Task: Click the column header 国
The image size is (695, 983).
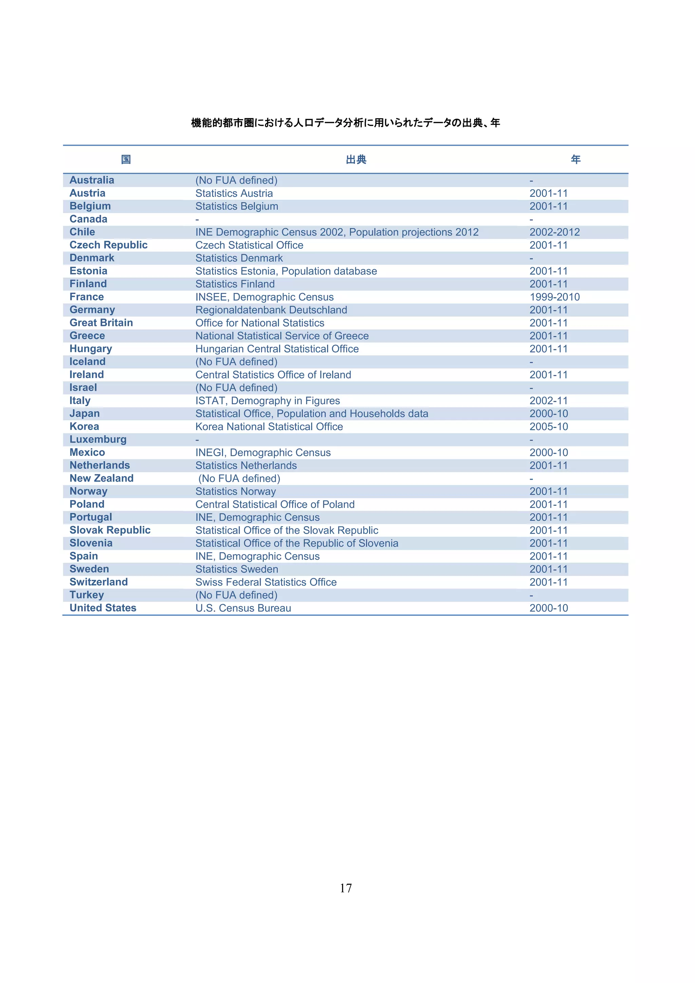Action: (126, 160)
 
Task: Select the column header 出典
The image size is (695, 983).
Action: (356, 160)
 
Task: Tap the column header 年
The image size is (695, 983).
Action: (576, 160)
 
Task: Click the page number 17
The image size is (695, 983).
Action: (346, 888)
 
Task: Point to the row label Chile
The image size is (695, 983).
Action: (82, 232)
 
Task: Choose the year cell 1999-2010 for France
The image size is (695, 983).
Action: (554, 297)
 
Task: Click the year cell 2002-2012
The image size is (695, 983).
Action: (554, 232)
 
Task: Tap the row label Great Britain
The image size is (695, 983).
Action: (101, 323)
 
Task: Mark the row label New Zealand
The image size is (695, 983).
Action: (101, 478)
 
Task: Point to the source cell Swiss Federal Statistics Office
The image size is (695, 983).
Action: (266, 582)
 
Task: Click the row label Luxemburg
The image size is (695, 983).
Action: (98, 440)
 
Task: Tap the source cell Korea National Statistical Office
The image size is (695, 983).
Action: (269, 427)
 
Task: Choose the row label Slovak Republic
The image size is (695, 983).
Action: (110, 530)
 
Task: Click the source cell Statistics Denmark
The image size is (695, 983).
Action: (239, 258)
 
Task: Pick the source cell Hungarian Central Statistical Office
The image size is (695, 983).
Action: (277, 349)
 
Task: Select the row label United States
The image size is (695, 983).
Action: (103, 608)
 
